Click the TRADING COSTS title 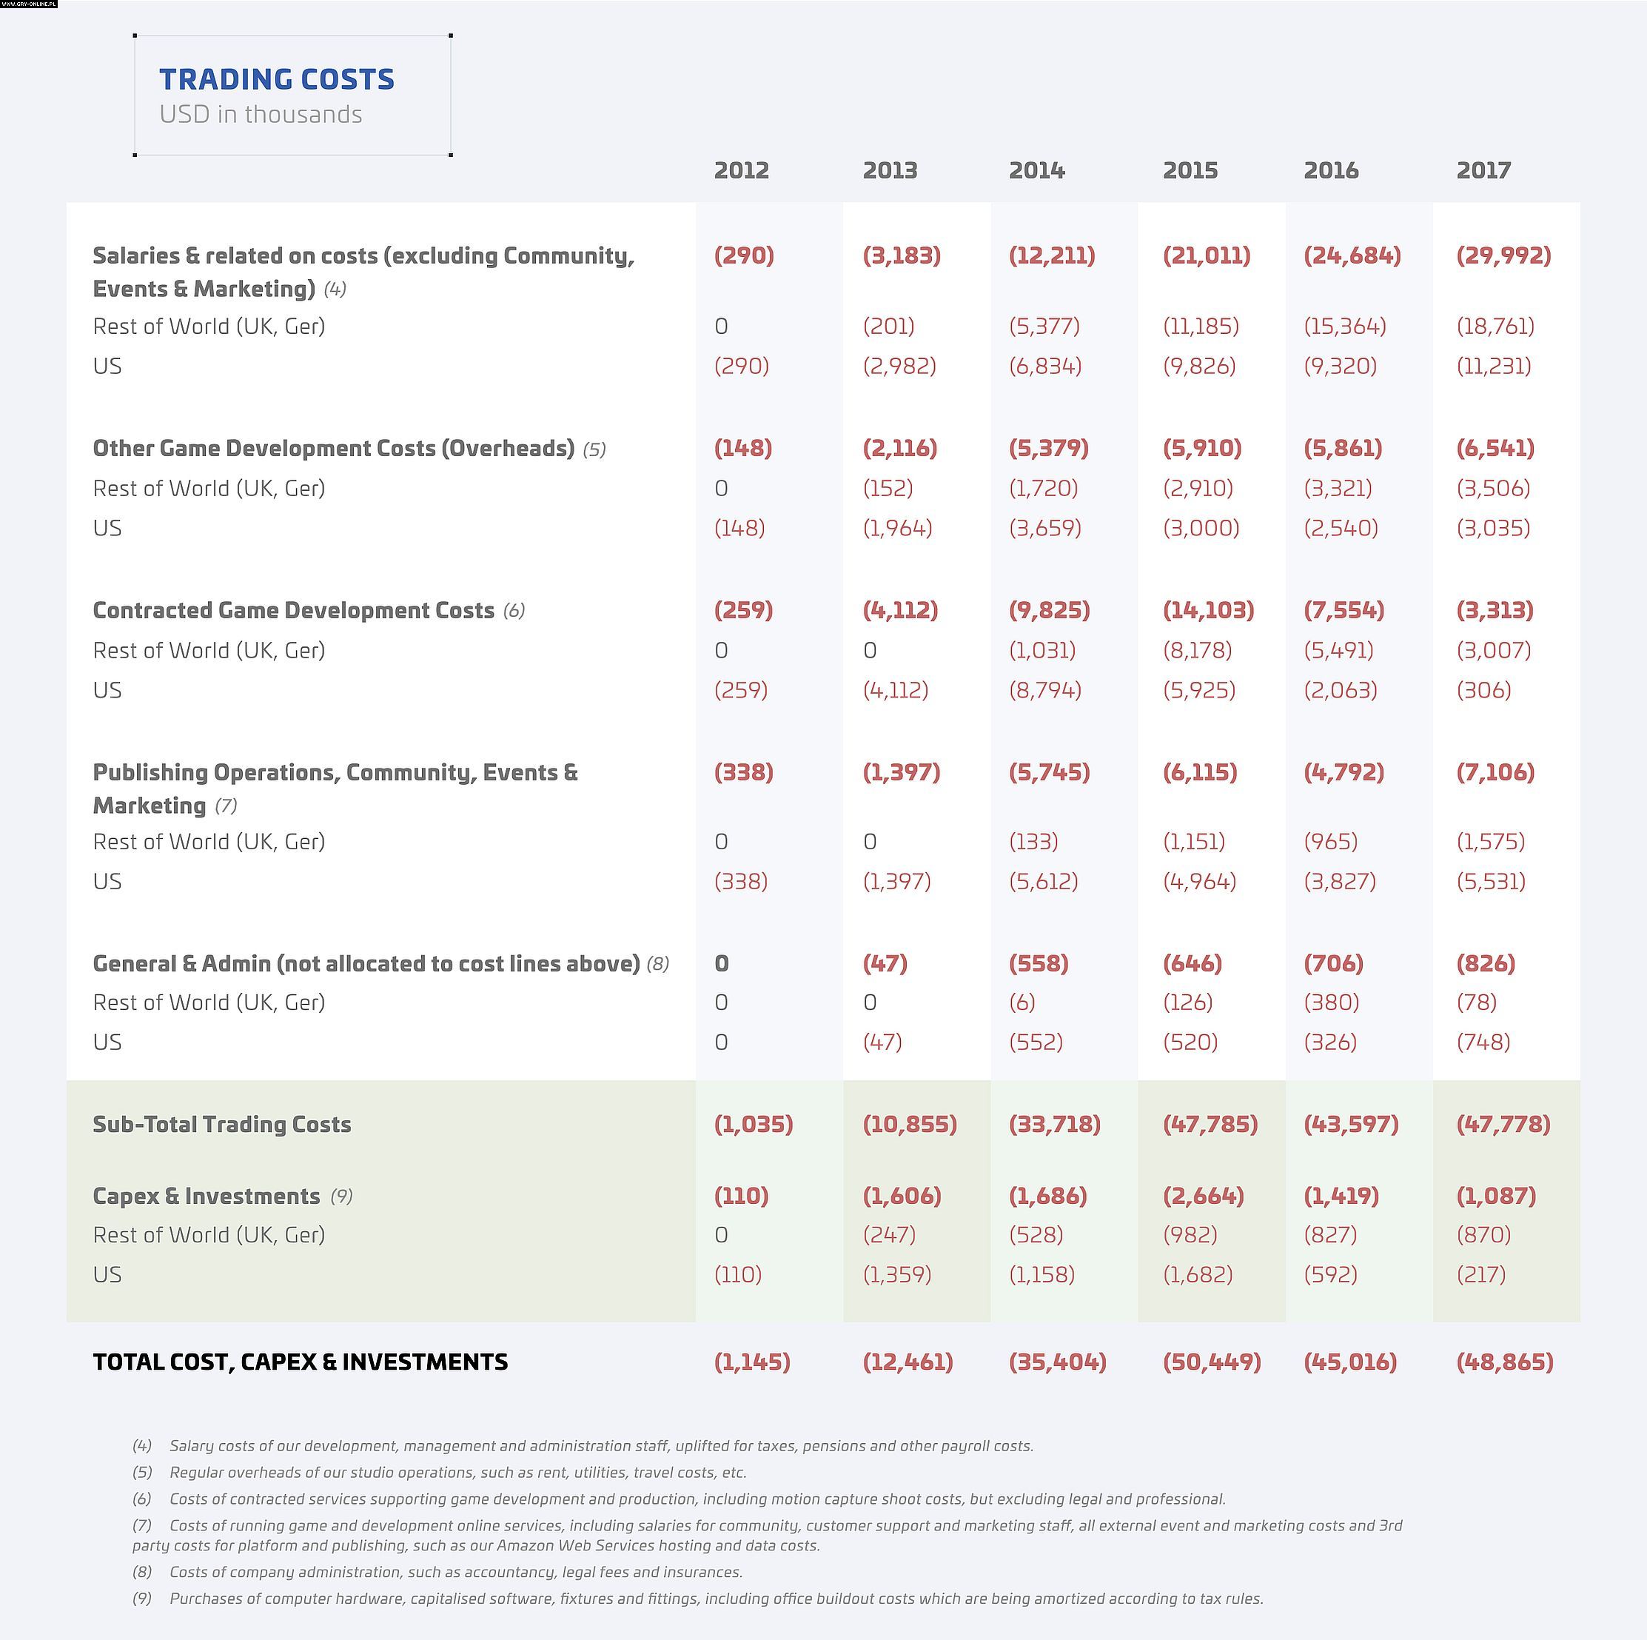[276, 79]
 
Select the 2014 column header [1036, 170]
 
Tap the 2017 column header [1483, 170]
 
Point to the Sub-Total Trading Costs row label [221, 1124]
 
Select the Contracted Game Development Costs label [293, 611]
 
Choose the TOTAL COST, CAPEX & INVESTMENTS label [300, 1362]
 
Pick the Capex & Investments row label [207, 1196]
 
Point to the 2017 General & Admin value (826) [1486, 964]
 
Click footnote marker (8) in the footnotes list [141, 1572]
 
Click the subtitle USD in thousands [261, 114]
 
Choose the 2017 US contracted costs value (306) [1483, 690]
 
